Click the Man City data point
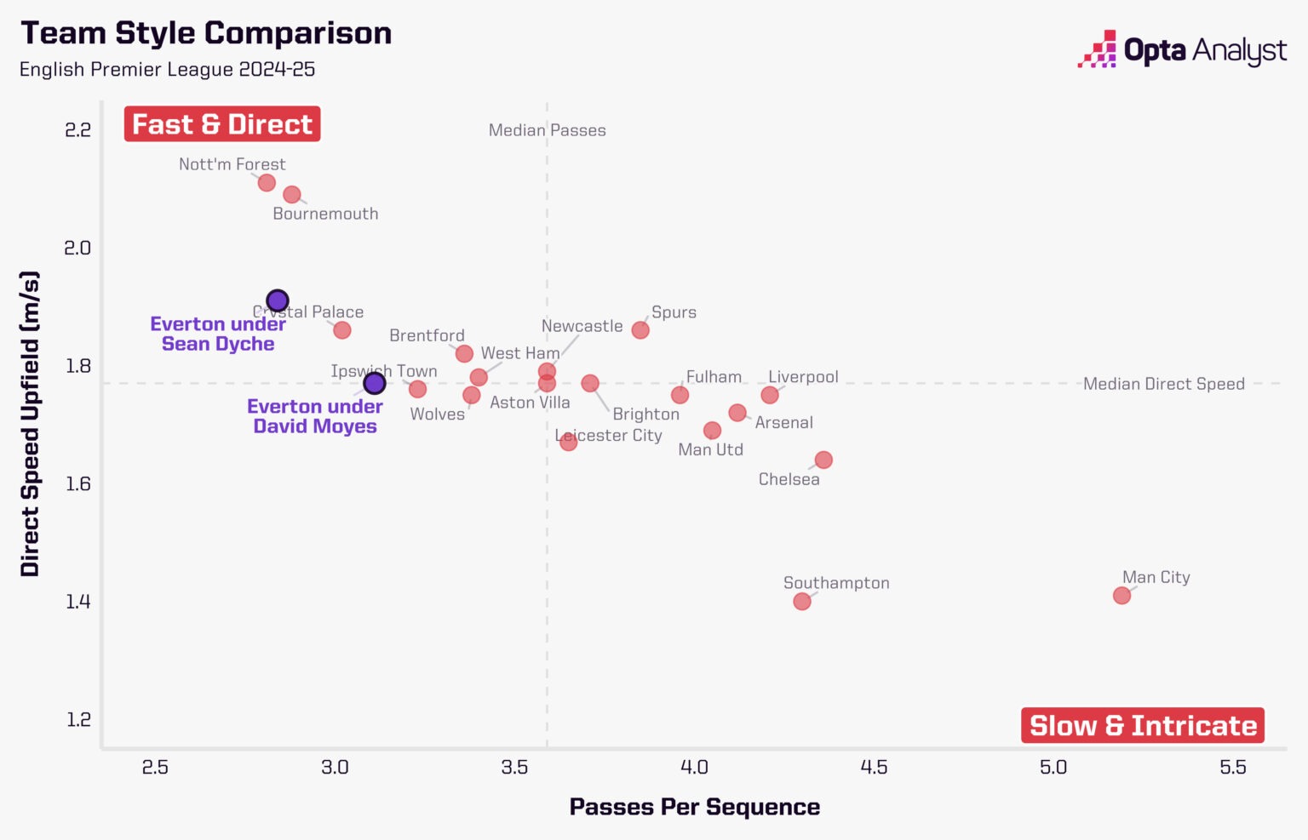pos(1122,595)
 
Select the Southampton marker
pos(801,601)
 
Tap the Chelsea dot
pos(823,460)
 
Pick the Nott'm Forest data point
pos(267,183)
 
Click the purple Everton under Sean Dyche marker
pos(278,300)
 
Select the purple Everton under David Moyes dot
pos(375,383)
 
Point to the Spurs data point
pos(640,329)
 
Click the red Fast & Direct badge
pos(222,124)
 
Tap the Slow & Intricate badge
pos(1143,725)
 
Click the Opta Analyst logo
pos(1182,50)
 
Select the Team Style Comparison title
pos(206,33)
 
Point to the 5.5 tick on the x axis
pos(1232,767)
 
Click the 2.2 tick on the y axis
pos(78,129)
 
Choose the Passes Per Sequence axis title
pos(694,806)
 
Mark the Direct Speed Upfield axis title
pos(31,424)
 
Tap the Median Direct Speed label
pos(1163,384)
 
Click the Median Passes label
pos(547,130)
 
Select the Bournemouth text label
pos(325,214)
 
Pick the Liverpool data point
pos(770,395)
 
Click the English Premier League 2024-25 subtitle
pos(167,69)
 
